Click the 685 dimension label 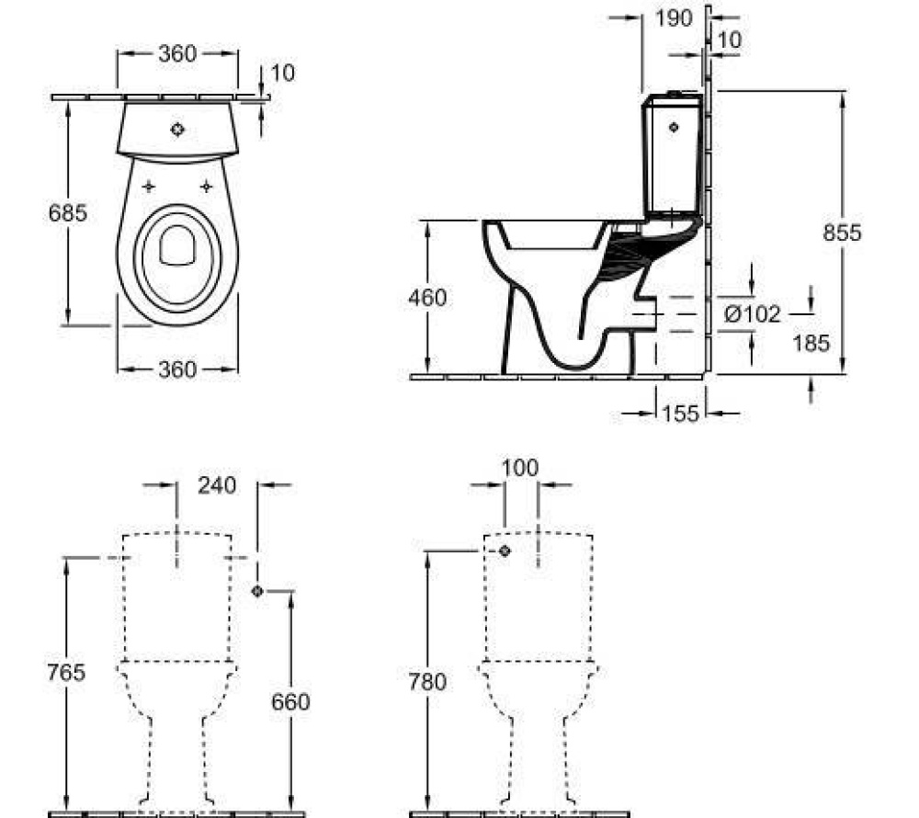68,213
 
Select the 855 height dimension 842,233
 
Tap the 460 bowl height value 427,298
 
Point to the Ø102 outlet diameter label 752,314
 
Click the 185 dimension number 811,343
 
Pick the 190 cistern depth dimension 674,19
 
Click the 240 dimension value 217,484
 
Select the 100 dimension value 519,468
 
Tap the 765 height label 66,672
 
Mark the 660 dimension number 290,702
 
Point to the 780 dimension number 427,682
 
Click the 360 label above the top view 176,54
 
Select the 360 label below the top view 176,369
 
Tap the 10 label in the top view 283,73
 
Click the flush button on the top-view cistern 177,130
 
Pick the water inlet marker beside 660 257,591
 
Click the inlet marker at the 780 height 504,551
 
